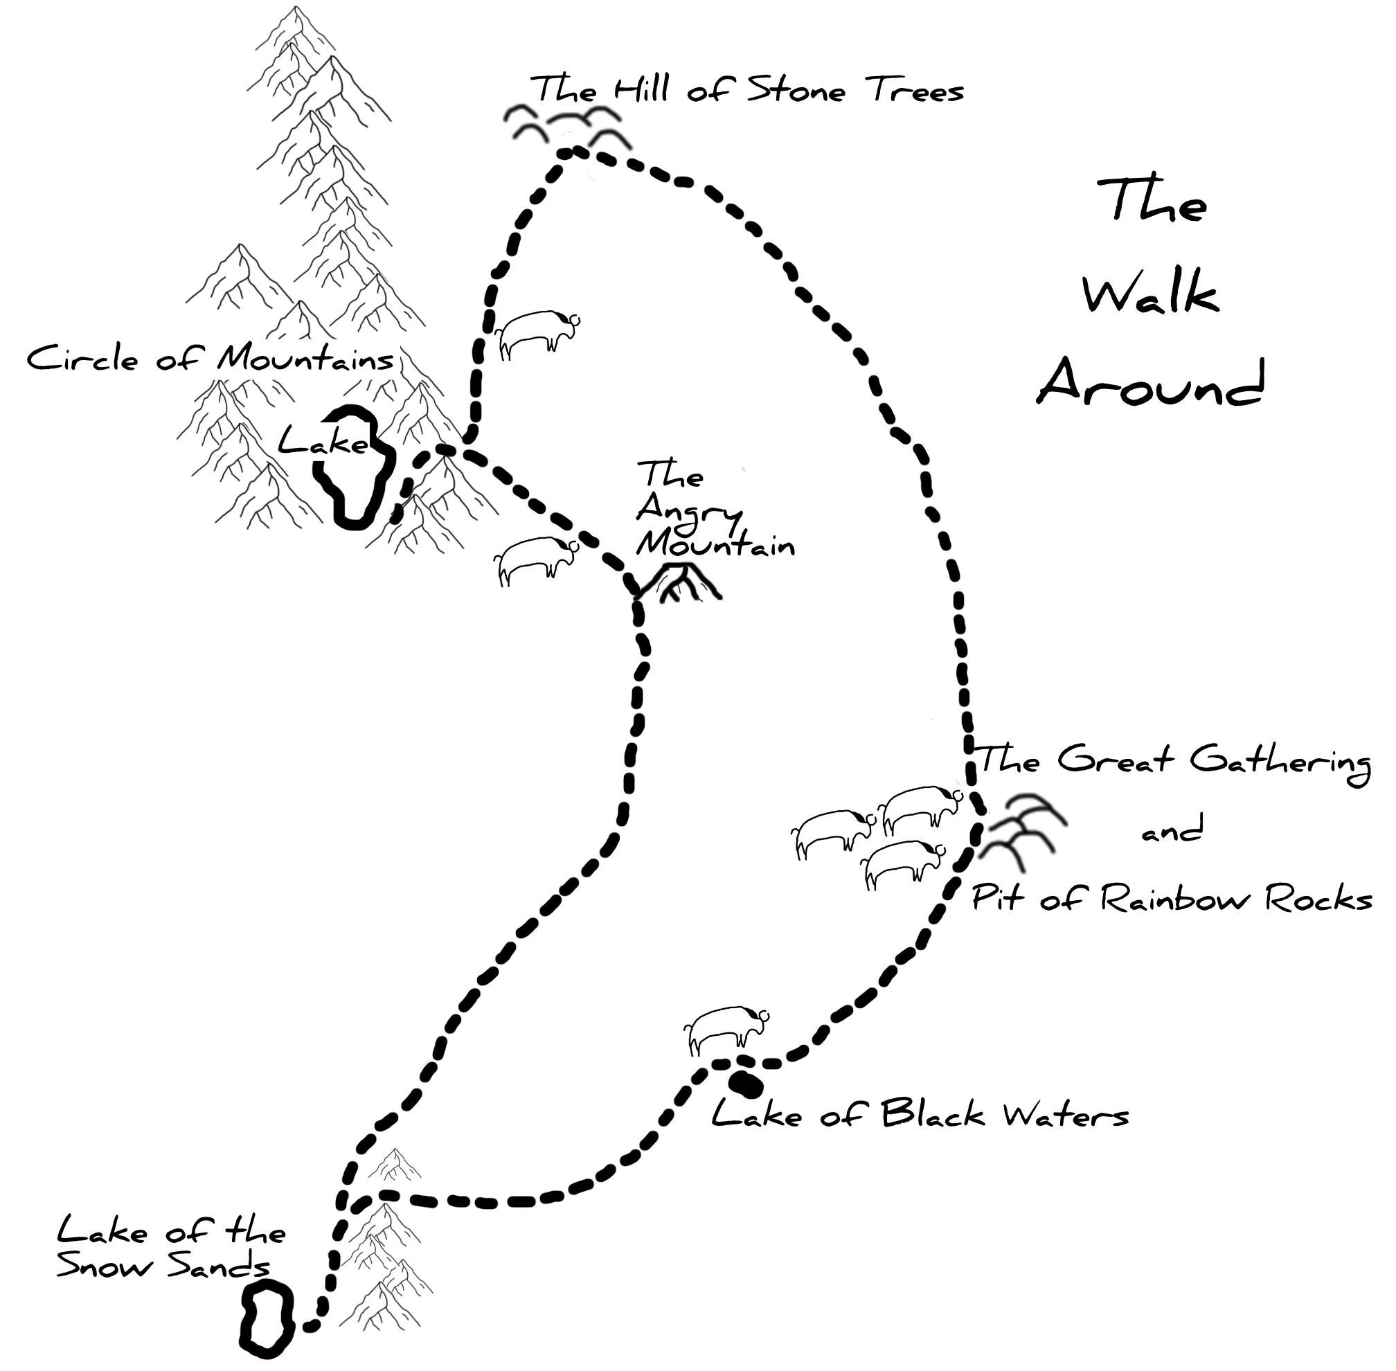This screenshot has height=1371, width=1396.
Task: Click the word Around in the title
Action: click(1149, 384)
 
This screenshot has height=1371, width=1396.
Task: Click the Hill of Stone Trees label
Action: click(747, 91)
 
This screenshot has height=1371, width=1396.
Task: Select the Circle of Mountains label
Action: click(210, 358)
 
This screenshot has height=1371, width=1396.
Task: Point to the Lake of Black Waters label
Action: click(920, 1115)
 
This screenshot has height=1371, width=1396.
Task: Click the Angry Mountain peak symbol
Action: click(679, 584)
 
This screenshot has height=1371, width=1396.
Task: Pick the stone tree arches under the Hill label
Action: click(566, 127)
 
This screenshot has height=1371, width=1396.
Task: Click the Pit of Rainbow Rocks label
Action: click(1172, 900)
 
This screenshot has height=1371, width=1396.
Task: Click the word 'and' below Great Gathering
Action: click(1172, 832)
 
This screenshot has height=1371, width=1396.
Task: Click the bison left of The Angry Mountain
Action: click(535, 559)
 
